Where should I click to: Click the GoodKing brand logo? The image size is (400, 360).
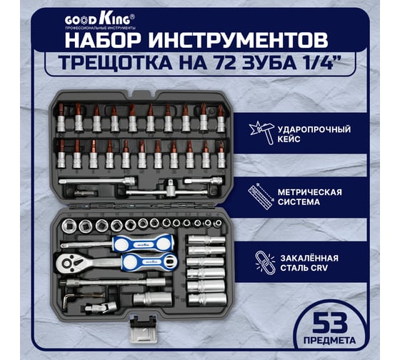100,21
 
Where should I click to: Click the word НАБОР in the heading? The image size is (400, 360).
103,40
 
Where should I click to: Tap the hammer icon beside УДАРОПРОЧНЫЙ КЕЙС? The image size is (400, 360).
262,132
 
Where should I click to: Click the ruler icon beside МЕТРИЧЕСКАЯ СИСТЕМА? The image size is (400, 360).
260,196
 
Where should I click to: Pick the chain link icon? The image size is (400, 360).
265,263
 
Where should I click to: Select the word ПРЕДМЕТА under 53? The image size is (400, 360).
329,340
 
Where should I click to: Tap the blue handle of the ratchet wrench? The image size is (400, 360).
149,261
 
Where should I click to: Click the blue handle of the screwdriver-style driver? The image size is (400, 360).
143,244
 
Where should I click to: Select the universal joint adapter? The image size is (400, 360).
101,307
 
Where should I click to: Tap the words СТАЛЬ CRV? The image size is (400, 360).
304,268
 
